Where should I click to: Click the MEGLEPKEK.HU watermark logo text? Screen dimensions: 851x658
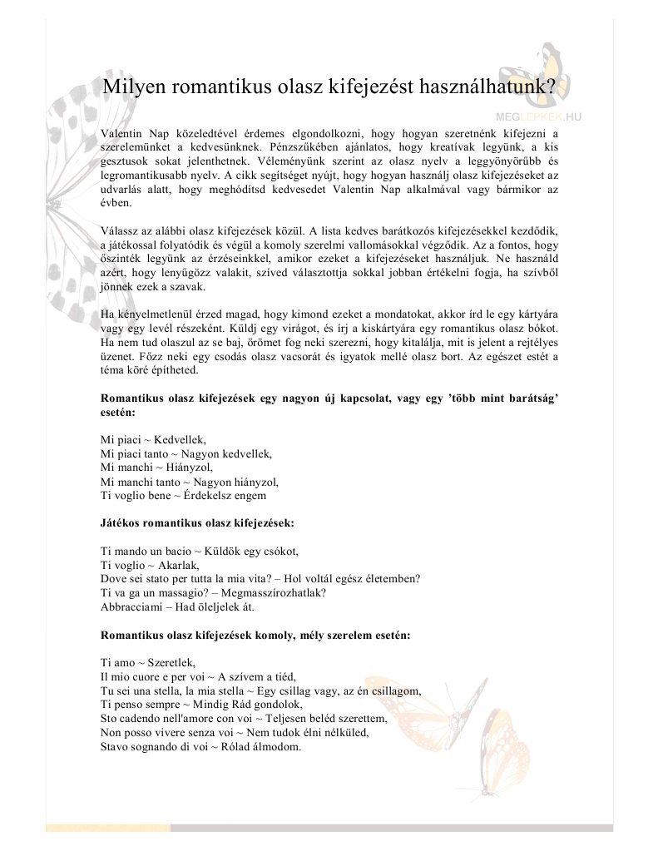click(x=539, y=118)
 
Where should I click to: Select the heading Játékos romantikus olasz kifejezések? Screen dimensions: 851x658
click(x=197, y=524)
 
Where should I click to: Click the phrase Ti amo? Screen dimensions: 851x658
click(x=116, y=662)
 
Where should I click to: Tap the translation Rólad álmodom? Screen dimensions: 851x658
click(x=263, y=746)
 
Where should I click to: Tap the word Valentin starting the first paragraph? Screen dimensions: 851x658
click(x=120, y=133)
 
